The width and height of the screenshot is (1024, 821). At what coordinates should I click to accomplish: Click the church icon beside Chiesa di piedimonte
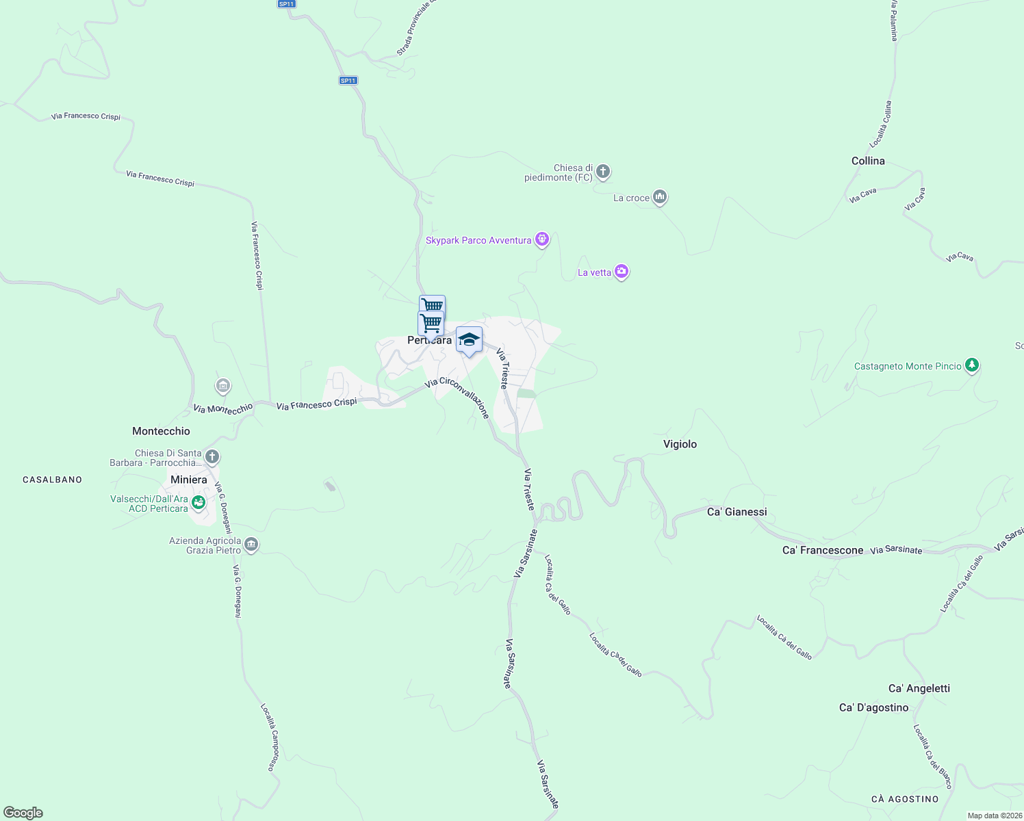[602, 171]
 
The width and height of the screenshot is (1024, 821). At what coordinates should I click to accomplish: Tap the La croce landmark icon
[660, 197]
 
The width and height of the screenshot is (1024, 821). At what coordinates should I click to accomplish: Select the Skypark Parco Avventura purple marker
[542, 239]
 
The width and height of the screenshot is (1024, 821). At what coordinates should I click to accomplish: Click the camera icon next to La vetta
[622, 272]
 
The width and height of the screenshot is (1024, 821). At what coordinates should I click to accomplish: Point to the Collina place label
[868, 161]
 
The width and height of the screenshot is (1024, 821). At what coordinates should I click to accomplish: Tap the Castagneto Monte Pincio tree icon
[972, 365]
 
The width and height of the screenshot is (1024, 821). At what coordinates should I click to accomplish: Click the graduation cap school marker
[469, 339]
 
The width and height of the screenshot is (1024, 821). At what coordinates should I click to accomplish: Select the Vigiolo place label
[680, 444]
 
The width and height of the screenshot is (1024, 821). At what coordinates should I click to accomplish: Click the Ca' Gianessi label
[737, 512]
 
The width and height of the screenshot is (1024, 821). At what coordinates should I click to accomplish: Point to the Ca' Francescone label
[823, 550]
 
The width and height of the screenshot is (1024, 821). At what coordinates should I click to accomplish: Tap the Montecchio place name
[161, 431]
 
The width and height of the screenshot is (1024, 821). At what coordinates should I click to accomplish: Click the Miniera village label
[188, 480]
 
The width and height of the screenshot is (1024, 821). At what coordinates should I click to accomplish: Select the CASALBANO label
[52, 480]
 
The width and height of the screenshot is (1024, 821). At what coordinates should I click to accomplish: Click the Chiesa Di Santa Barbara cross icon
[212, 456]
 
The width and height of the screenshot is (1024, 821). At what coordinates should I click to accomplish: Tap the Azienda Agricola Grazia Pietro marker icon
[251, 545]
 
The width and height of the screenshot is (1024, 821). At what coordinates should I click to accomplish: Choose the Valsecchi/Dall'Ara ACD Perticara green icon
[199, 503]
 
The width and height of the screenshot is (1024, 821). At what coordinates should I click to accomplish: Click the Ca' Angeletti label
[919, 688]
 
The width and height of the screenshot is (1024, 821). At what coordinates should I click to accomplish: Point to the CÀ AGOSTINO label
[905, 799]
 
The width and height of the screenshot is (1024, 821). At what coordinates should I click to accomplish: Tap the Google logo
[23, 813]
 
